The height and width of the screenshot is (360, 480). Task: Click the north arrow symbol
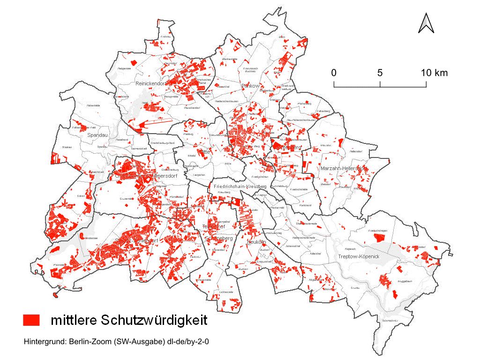pyautogui.click(x=426, y=23)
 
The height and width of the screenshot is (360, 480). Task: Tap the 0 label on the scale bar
pyautogui.click(x=334, y=73)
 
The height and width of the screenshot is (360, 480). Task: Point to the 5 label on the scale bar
pyautogui.click(x=380, y=73)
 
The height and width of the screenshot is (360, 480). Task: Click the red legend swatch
pyautogui.click(x=31, y=320)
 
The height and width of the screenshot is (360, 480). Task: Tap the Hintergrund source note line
pyautogui.click(x=116, y=342)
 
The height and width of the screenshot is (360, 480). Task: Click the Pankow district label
pyautogui.click(x=250, y=86)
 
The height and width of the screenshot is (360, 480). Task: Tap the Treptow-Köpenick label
pyautogui.click(x=358, y=257)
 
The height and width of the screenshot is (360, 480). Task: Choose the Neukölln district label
pyautogui.click(x=256, y=242)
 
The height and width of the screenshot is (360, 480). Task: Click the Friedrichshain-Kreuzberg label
pyautogui.click(x=240, y=187)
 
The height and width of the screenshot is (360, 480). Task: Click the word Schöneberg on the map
pyautogui.click(x=218, y=238)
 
